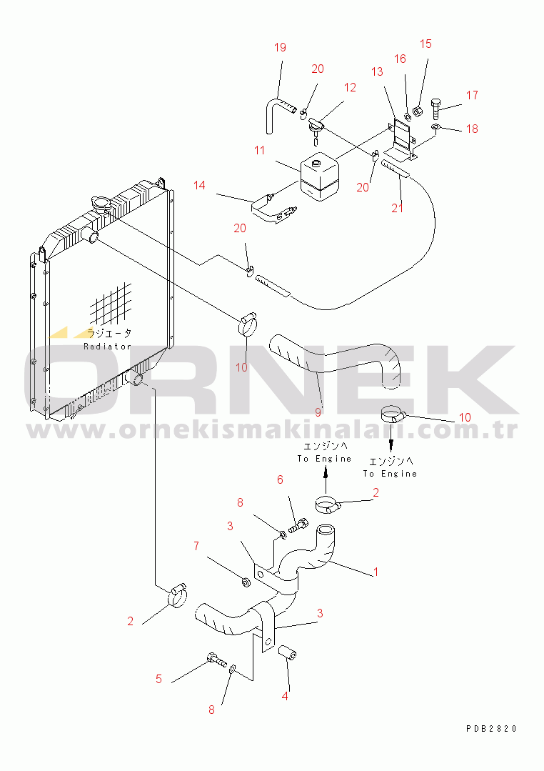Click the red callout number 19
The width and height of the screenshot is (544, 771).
click(280, 48)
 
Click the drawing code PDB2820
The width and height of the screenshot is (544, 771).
click(491, 729)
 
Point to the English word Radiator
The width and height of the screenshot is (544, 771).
click(107, 346)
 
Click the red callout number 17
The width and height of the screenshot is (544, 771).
click(473, 95)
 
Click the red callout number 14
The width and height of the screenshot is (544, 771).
click(199, 185)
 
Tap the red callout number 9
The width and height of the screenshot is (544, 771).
click(318, 412)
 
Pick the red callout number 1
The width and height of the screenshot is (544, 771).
click(376, 572)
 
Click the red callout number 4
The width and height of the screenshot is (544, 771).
click(285, 696)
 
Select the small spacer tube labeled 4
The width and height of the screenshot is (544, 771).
click(288, 654)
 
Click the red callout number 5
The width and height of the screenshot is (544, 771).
click(158, 679)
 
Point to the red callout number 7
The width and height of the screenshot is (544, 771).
click(196, 547)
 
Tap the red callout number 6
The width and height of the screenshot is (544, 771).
click(280, 479)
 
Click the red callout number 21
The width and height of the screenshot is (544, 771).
click(398, 208)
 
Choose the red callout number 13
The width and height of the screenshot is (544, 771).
click(377, 71)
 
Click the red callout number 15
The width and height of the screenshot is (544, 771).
click(425, 44)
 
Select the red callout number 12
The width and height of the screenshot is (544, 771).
click(350, 87)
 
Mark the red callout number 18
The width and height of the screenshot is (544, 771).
click(473, 129)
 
